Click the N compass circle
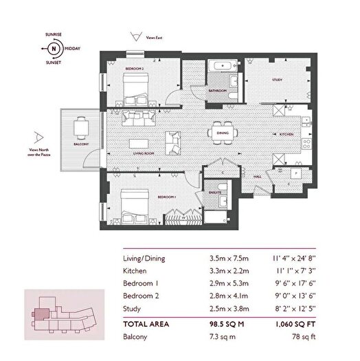tap(52, 50)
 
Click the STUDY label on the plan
tap(277, 80)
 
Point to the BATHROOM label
tap(219, 90)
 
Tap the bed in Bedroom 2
tap(136, 88)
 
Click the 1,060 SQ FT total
tap(295, 322)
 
